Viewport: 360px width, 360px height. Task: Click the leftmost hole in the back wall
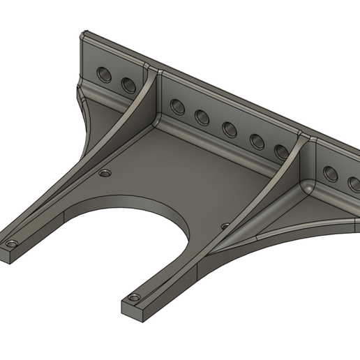pos(105,74)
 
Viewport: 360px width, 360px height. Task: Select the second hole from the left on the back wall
pos(128,84)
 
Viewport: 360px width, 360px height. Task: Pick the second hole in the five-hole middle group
pos(202,117)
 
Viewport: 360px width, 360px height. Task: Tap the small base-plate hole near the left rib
pos(105,172)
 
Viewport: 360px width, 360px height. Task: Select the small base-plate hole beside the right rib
pos(225,226)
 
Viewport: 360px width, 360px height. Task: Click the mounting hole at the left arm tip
pos(12,246)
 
